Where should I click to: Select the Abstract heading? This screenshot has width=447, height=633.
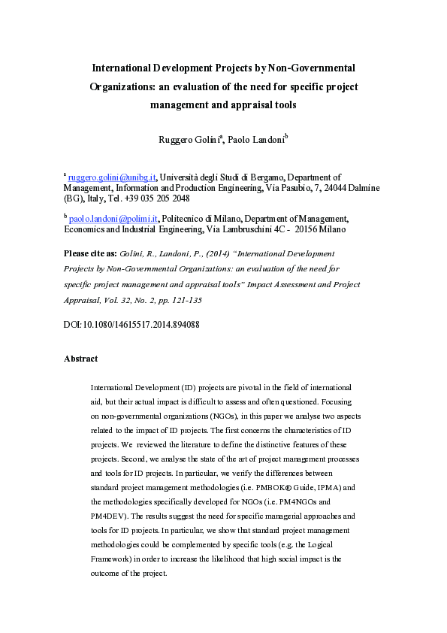80,359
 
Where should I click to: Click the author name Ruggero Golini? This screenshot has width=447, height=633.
188,141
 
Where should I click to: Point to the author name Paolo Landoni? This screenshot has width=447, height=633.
255,141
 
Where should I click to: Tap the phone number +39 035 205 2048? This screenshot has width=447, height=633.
159,199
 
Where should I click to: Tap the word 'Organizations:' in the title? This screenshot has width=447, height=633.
123,86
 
